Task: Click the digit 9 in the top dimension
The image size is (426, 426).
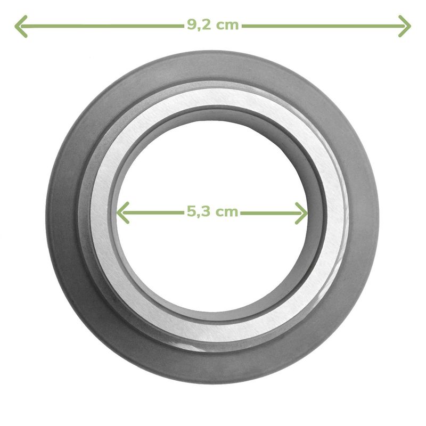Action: pyautogui.click(x=192, y=25)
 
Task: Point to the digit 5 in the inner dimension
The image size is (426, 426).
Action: pyautogui.click(x=192, y=211)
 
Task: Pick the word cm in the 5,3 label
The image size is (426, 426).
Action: pyautogui.click(x=227, y=212)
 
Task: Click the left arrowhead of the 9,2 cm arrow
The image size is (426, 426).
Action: pyautogui.click(x=21, y=26)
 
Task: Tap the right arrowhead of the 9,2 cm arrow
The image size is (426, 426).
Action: pyautogui.click(x=405, y=26)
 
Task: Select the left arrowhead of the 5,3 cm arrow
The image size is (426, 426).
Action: pyautogui.click(x=123, y=212)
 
